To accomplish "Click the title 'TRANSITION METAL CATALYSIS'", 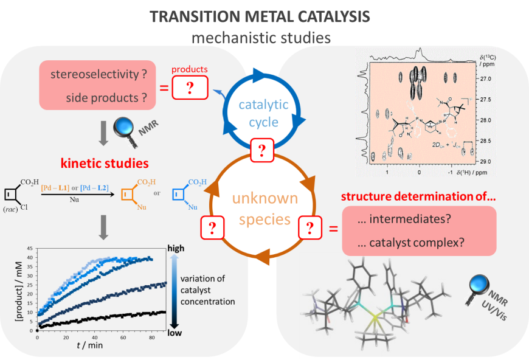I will [x=260, y=16].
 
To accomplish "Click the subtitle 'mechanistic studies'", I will [x=261, y=38].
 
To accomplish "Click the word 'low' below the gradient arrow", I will [x=174, y=333].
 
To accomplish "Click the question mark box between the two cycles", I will [x=261, y=149].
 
